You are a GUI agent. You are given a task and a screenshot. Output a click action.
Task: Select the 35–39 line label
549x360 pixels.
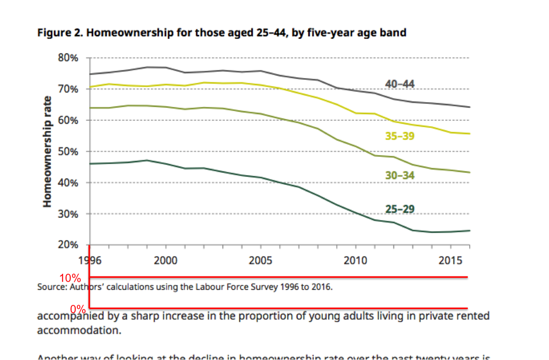(400, 136)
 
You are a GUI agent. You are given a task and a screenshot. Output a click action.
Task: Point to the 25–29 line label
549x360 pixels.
(400, 209)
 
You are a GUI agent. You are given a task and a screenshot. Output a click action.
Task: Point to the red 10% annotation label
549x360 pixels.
(70, 278)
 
